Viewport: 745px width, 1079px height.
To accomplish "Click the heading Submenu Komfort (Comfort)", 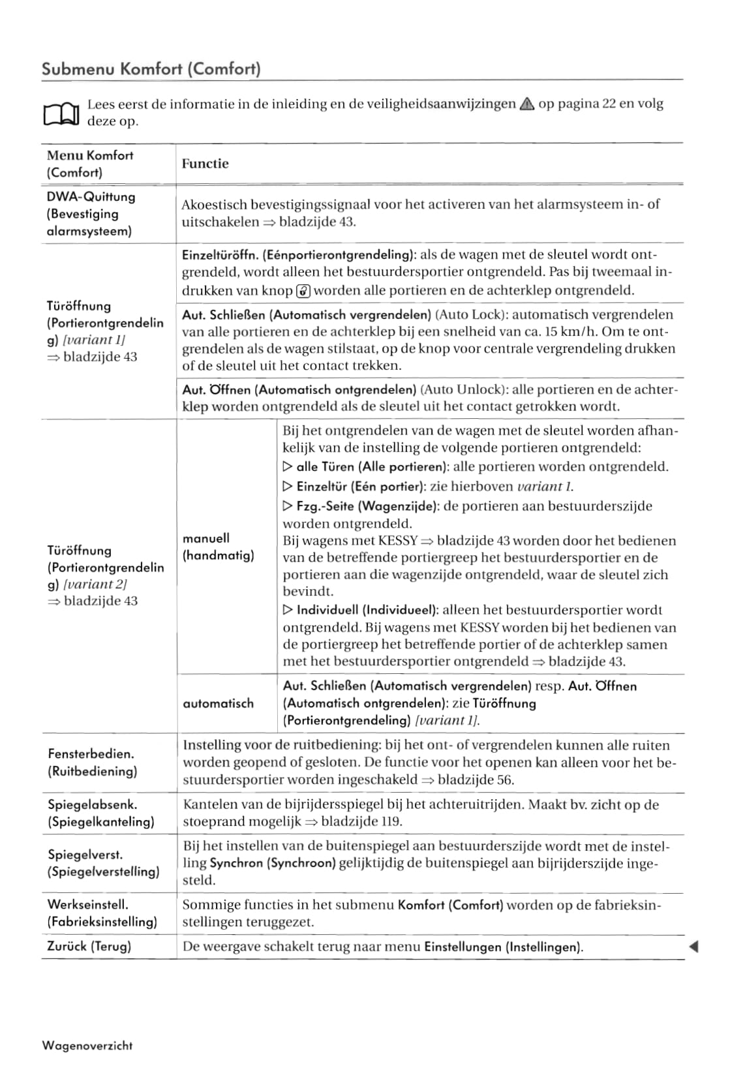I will click(151, 68).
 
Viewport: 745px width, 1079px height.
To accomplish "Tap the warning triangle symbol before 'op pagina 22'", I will click(527, 104).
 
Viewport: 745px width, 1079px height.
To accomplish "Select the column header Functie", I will click(205, 164).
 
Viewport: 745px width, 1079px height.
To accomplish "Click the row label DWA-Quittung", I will click(91, 196).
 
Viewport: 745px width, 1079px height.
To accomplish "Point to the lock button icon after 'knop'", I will click(303, 291).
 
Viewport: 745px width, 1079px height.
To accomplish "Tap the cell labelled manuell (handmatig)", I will click(218, 547).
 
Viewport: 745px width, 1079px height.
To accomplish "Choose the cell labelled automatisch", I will click(218, 703).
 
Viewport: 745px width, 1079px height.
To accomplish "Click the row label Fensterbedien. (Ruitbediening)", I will click(92, 762).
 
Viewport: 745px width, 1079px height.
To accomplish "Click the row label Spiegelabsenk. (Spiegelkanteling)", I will click(100, 813).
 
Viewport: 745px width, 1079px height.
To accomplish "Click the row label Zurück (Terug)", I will click(89, 946).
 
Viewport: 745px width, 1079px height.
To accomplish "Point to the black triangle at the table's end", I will click(693, 947).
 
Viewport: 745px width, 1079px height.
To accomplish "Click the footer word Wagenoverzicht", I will click(87, 1046).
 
